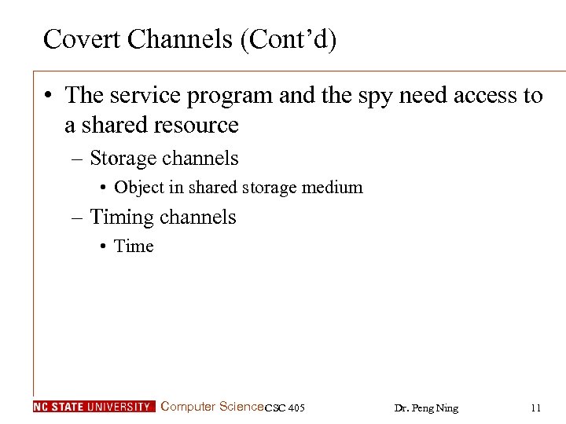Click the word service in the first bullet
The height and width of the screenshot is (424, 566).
pos(147,96)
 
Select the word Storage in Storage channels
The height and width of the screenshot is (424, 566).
pos(123,158)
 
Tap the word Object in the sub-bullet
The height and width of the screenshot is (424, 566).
pos(137,188)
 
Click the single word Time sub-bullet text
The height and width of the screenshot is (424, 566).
pos(134,247)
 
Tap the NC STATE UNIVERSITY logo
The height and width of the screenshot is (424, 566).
pos(94,407)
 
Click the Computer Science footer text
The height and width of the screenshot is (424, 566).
pos(211,407)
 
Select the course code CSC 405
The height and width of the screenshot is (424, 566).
pos(285,408)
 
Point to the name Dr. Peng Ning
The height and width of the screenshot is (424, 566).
pos(425,408)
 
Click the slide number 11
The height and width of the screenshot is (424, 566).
pos(535,408)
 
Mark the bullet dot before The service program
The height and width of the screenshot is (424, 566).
pos(50,97)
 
